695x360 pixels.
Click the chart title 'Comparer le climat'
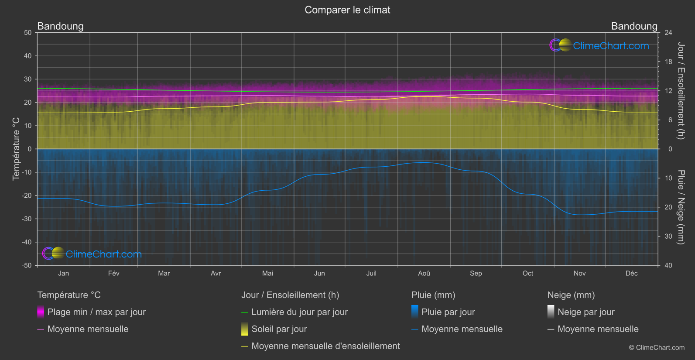pos(347,10)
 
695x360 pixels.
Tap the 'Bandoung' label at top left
pos(60,26)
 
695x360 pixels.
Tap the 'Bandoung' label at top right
pos(634,26)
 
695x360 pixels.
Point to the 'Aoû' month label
pos(424,274)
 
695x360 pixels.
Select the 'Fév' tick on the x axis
pos(113,274)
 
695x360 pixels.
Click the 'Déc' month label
pos(631,274)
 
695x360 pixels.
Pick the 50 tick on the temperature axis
pos(28,33)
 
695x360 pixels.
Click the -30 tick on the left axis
pos(27,219)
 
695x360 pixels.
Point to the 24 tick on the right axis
pos(668,33)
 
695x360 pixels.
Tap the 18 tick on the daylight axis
pos(668,62)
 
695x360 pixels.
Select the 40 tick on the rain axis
pos(668,265)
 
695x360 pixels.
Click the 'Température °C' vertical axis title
pos(16,149)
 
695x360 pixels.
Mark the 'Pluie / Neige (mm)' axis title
pos(680,207)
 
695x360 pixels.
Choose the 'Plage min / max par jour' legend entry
pos(96,312)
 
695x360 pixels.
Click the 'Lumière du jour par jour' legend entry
pos(299,312)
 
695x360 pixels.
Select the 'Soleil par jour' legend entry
pos(279,329)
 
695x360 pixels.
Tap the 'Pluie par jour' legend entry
pos(448,312)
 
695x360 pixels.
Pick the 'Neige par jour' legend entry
pos(586,312)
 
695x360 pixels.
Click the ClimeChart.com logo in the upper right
pos(599,45)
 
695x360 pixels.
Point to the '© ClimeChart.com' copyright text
pos(657,348)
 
